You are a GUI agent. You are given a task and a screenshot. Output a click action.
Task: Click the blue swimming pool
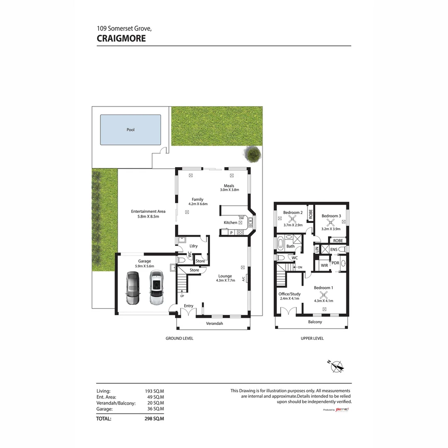[x=131, y=130]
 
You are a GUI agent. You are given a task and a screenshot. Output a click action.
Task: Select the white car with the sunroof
[x=156, y=287]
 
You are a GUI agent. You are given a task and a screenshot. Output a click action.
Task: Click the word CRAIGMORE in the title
[x=121, y=39]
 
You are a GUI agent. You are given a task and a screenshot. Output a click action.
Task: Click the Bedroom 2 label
[x=293, y=212]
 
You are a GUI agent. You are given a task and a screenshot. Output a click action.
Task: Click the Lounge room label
[x=225, y=276]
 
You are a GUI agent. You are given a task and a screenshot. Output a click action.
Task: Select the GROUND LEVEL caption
[x=179, y=338]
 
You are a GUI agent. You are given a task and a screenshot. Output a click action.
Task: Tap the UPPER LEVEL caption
[x=312, y=338]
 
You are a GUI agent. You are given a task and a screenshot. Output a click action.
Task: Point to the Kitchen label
[x=230, y=223]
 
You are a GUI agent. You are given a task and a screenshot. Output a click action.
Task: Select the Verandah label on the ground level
[x=215, y=323]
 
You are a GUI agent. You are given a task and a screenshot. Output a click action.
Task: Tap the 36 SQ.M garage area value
[x=156, y=409]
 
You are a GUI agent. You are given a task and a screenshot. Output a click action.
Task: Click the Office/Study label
[x=290, y=294]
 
